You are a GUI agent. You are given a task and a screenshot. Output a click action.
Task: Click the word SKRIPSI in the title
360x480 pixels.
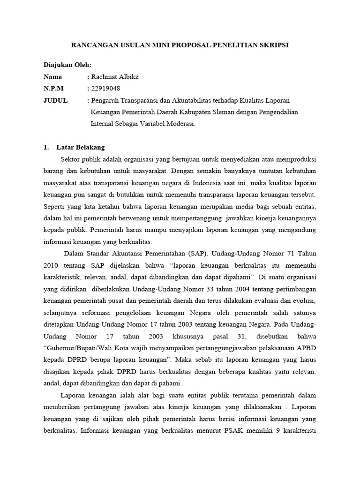[x=275, y=45]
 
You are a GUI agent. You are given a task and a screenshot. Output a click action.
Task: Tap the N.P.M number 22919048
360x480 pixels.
[x=106, y=89]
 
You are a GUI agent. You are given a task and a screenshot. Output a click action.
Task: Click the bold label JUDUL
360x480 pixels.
[x=55, y=100]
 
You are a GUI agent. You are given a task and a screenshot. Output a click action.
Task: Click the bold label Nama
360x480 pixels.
[x=52, y=77]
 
